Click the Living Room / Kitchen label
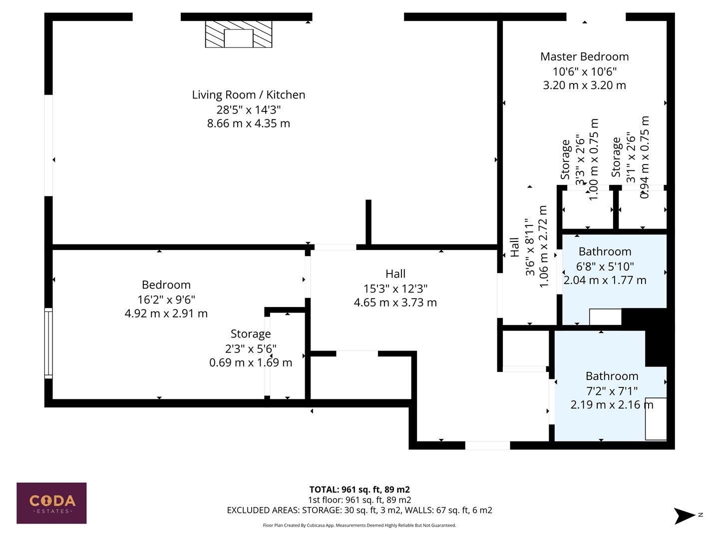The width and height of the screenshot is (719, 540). pyautogui.click(x=248, y=94)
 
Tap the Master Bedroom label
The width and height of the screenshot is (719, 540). pyautogui.click(x=584, y=56)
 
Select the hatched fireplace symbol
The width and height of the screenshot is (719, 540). pyautogui.click(x=239, y=34)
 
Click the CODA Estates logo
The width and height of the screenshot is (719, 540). pyautogui.click(x=51, y=503)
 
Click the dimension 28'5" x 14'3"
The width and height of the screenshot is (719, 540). pyautogui.click(x=248, y=109)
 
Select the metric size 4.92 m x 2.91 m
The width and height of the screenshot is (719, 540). pyautogui.click(x=166, y=313)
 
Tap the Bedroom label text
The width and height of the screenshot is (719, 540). pyautogui.click(x=166, y=284)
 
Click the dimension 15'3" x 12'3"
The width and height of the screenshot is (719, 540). pyautogui.click(x=395, y=288)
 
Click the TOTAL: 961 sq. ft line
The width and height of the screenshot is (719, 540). pyautogui.click(x=359, y=489)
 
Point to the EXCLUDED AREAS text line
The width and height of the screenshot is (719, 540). pyautogui.click(x=359, y=510)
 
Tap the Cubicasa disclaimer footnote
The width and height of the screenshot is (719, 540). pyautogui.click(x=359, y=525)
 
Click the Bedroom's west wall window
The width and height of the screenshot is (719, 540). pyautogui.click(x=48, y=342)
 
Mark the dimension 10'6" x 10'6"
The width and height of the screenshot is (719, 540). pyautogui.click(x=584, y=71)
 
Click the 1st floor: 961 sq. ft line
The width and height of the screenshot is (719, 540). pyautogui.click(x=359, y=499)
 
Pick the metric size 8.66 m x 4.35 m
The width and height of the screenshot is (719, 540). pyautogui.click(x=248, y=123)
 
